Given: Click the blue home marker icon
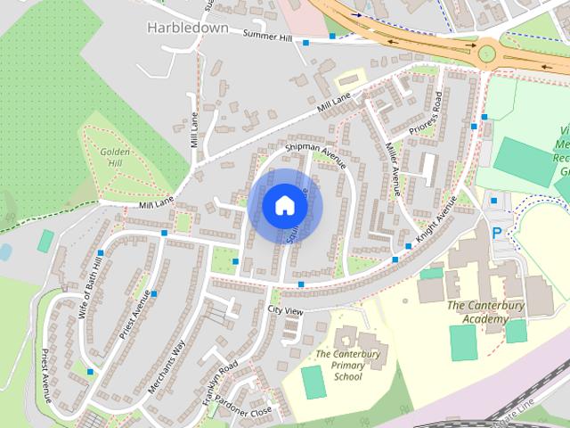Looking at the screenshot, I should pyautogui.click(x=285, y=205).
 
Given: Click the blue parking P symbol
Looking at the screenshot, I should pyautogui.click(x=497, y=234).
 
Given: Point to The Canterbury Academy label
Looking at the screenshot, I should pyautogui.click(x=485, y=311).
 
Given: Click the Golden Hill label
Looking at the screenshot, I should pyautogui.click(x=116, y=158).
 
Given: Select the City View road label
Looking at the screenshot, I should pyautogui.click(x=285, y=311).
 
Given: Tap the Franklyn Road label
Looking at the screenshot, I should pyautogui.click(x=219, y=379).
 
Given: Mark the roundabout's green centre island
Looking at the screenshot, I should pyautogui.click(x=487, y=53).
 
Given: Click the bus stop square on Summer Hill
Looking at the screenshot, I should pyautogui.click(x=305, y=42).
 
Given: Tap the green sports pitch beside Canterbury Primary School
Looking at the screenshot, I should pyautogui.click(x=313, y=382).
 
